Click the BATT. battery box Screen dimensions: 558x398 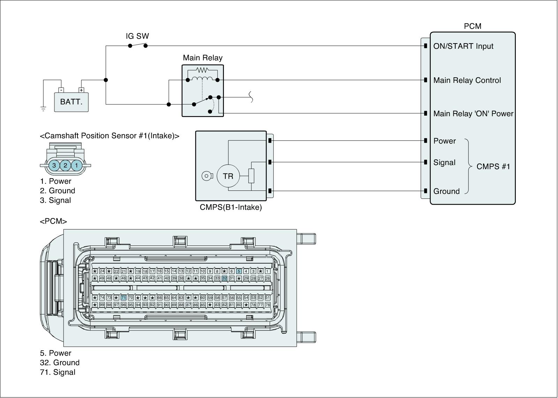pyautogui.click(x=71, y=102)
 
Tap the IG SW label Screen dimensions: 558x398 pyautogui.click(x=137, y=36)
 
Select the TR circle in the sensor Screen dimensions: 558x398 pyautogui.click(x=228, y=176)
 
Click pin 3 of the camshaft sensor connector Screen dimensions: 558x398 pyautogui.click(x=54, y=165)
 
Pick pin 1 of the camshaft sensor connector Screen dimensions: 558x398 pyautogui.click(x=76, y=165)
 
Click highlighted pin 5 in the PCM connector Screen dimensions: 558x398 pyautogui.click(x=239, y=271)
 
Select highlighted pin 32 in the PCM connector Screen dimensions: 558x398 pyautogui.click(x=225, y=278)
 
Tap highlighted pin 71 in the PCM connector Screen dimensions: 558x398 pyautogui.click(x=123, y=297)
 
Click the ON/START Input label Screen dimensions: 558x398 pyautogui.click(x=463, y=46)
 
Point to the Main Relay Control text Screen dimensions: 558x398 pyautogui.click(x=467, y=80)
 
